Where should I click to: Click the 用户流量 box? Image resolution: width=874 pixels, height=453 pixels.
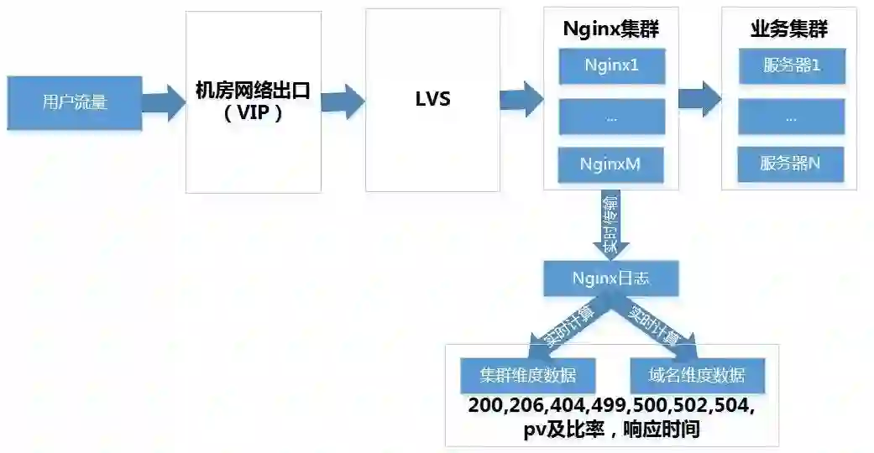pos(75,102)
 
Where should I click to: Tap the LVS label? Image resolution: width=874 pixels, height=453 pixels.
pos(432,99)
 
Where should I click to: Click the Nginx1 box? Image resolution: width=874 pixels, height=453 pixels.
pos(611,65)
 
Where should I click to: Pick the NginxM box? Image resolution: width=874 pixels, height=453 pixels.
pos(611,164)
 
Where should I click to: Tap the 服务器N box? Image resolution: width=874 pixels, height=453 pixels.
pos(790,164)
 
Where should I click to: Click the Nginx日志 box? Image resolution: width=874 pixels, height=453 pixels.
pos(610,279)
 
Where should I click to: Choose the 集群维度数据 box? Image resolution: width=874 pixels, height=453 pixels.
pos(527,374)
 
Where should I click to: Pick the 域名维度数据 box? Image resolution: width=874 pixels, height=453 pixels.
pos(697,374)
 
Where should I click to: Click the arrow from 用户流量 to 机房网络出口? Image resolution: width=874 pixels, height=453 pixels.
pos(163,102)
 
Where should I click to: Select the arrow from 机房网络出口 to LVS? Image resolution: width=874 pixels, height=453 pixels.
pos(343,101)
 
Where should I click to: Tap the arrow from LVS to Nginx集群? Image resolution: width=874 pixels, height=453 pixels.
pos(521,98)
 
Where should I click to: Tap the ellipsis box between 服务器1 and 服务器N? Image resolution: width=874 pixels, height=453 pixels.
pos(790,117)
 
